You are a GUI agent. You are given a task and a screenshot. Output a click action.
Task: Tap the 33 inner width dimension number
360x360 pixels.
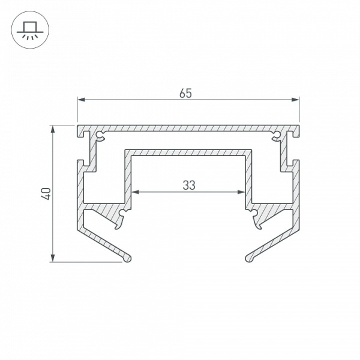click(x=189, y=185)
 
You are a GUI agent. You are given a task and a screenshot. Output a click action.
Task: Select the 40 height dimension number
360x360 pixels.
click(x=46, y=193)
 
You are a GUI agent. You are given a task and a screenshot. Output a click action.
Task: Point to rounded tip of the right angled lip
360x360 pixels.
click(x=249, y=257)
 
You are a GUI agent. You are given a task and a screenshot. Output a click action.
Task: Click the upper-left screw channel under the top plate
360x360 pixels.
click(x=100, y=137)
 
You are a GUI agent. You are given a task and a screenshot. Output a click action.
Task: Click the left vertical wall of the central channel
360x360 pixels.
click(x=128, y=177)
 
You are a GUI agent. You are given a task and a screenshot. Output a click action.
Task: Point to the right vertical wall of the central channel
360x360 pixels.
click(x=248, y=177)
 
